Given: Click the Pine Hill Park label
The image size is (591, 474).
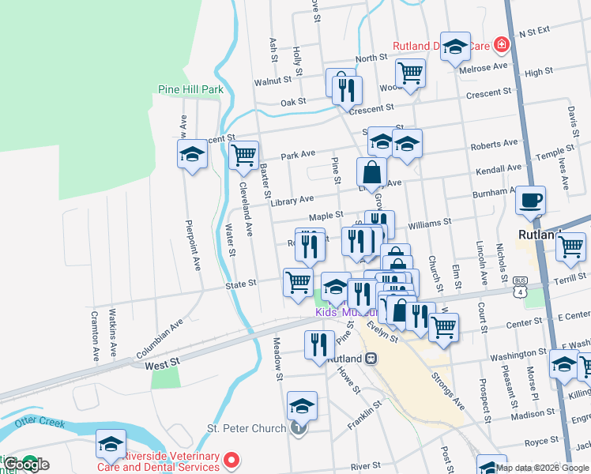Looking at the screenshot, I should (x=190, y=89).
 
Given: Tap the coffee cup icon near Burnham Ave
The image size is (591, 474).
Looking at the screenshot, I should (x=531, y=200).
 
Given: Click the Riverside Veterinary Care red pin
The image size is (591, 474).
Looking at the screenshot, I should (x=232, y=458).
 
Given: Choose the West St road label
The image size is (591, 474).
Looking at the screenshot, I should (x=163, y=365).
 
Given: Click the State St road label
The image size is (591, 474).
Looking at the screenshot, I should (x=241, y=283).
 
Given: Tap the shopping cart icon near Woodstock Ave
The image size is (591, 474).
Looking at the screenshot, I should (x=410, y=72).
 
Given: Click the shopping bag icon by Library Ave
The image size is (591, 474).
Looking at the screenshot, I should (x=371, y=171).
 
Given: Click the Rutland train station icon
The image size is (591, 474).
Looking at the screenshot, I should (x=370, y=358).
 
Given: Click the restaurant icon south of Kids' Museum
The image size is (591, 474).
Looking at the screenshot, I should (x=318, y=344).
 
